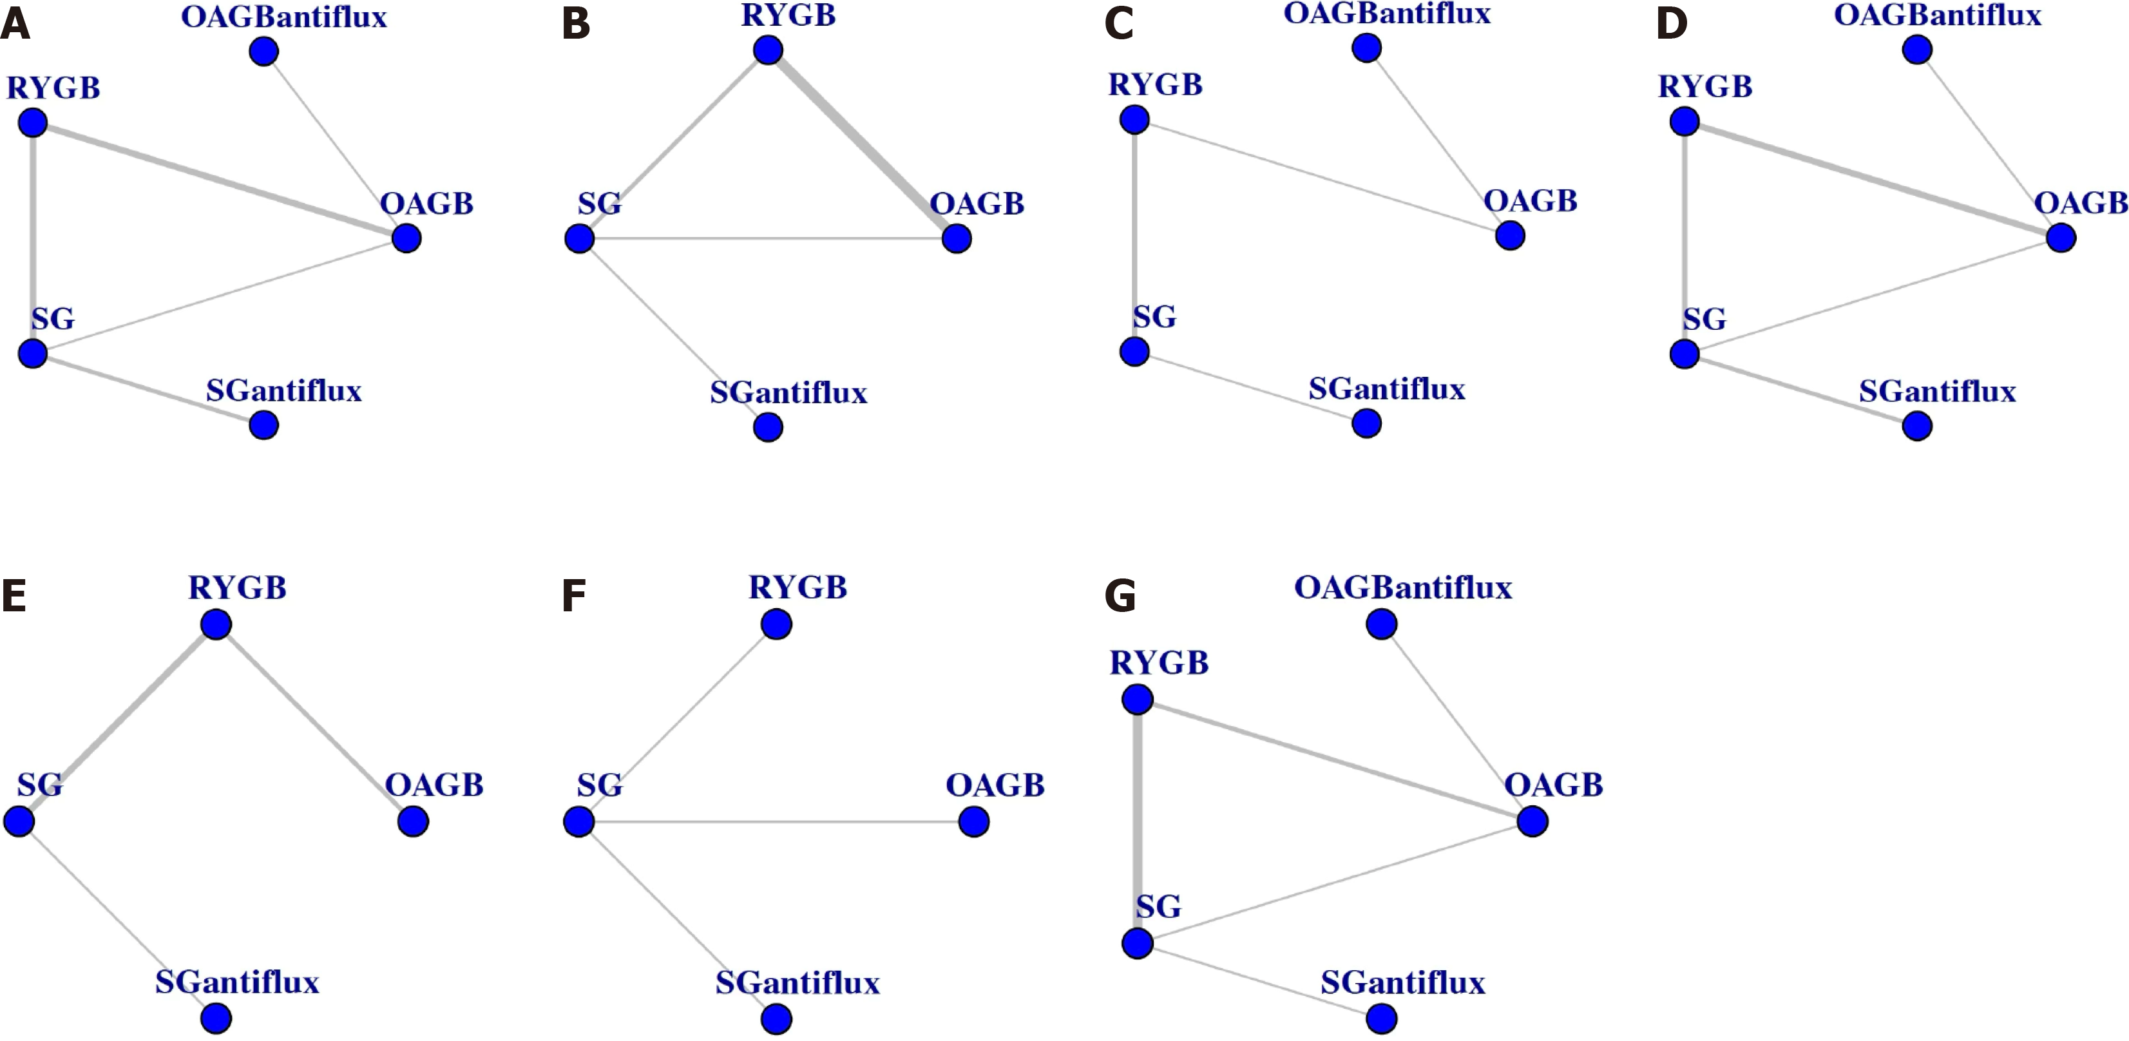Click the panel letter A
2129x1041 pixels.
tap(15, 24)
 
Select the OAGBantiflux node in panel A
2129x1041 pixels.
tap(263, 52)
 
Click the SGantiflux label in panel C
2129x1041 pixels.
tap(1386, 388)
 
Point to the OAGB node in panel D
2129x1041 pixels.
tap(2061, 238)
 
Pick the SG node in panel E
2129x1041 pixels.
tap(19, 822)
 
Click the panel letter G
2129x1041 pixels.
tap(1120, 596)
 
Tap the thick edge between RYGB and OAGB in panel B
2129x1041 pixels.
tap(862, 144)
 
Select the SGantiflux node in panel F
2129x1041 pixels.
tap(776, 1018)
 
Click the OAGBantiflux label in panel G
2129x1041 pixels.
tap(1402, 588)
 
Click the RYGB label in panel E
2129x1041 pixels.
tap(237, 588)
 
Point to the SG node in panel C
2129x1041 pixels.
tap(1135, 352)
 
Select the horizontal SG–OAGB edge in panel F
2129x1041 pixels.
tap(776, 822)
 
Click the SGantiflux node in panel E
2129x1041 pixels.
tap(216, 1018)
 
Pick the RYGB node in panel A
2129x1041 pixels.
tap(33, 124)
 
